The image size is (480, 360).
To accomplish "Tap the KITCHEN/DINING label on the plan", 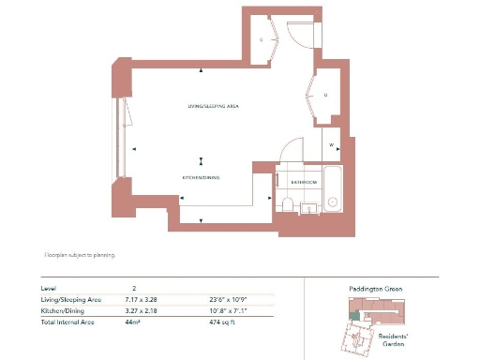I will (201, 176).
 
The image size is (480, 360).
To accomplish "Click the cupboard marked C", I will (262, 40).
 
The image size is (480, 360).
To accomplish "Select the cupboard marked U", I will (324, 96).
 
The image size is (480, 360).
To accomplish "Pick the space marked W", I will (332, 144).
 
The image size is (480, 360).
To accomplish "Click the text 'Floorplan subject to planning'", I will (80, 254).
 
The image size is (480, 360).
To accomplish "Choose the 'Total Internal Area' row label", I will (67, 322).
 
